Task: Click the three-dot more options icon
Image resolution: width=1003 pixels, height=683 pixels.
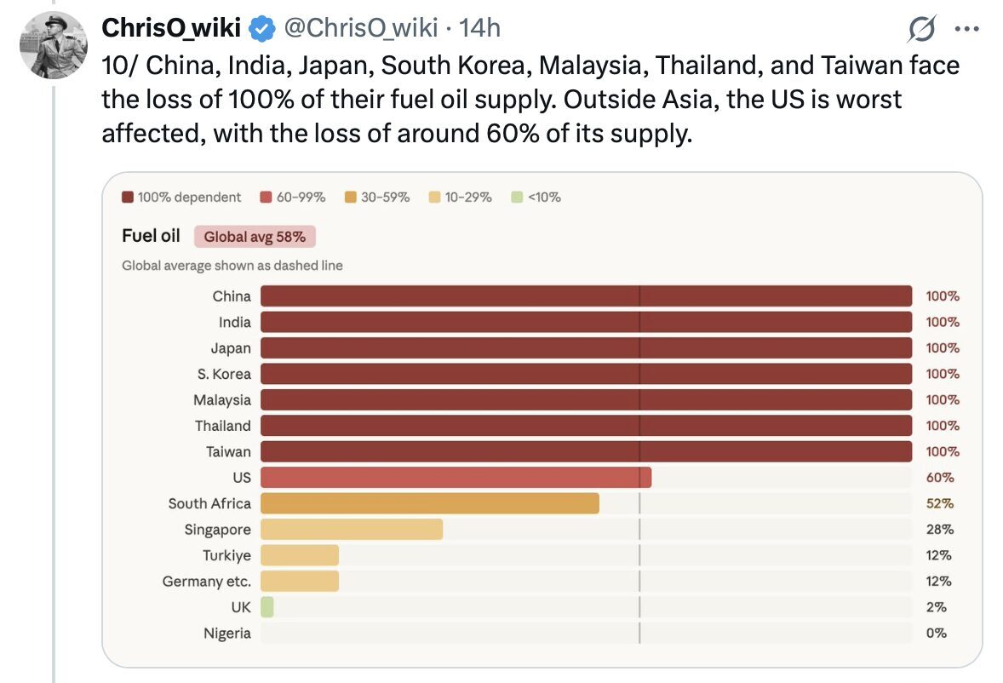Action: coord(967,30)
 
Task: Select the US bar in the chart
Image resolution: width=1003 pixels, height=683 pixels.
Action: coord(456,478)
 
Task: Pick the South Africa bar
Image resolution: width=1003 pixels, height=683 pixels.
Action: coord(429,503)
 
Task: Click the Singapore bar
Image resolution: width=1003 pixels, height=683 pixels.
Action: coord(351,530)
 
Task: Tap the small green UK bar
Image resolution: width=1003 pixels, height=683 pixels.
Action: coord(267,607)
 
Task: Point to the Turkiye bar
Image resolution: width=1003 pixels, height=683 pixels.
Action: coord(299,555)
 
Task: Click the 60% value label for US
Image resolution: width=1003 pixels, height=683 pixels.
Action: coord(940,478)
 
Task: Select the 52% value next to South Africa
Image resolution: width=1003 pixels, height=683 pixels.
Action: coord(940,503)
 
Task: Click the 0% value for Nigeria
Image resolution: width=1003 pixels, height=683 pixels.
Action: coord(937,633)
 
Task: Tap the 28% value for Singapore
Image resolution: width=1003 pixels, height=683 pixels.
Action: coord(940,530)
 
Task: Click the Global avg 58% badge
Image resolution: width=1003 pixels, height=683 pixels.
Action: coord(255,237)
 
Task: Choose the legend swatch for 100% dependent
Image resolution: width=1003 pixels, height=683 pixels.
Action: coord(128,198)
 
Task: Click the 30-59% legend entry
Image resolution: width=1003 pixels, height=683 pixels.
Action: coord(377,198)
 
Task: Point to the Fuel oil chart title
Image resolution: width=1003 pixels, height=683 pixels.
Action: coord(151,236)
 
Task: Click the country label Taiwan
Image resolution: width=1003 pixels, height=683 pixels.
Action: coord(228,451)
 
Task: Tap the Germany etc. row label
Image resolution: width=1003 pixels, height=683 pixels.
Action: coord(207,582)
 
